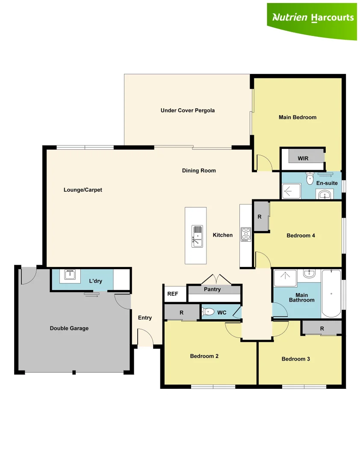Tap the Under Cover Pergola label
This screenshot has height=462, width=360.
click(188, 110)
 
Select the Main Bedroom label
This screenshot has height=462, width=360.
click(298, 117)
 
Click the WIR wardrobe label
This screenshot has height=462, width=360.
click(303, 158)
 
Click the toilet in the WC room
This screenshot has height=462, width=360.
click(208, 312)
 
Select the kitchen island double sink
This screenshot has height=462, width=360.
click(197, 236)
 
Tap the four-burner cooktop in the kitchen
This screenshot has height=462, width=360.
click(246, 234)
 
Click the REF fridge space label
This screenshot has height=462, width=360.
click(173, 294)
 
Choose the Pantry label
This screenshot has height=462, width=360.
click(212, 290)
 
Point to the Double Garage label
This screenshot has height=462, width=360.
click(69, 328)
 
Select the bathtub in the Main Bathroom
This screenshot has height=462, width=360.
click(331, 293)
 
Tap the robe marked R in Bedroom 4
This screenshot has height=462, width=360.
click(260, 217)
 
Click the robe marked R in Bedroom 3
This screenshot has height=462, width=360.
click(322, 329)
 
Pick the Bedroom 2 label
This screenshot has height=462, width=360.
click(204, 356)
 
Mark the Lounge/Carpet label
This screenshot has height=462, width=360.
click(83, 190)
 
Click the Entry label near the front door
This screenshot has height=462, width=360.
click(145, 318)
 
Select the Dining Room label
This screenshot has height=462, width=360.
click(199, 171)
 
